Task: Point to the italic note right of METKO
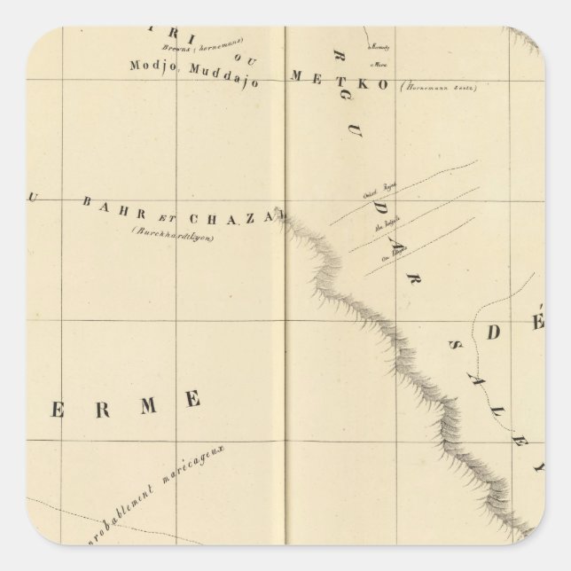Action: [x=436, y=85]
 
